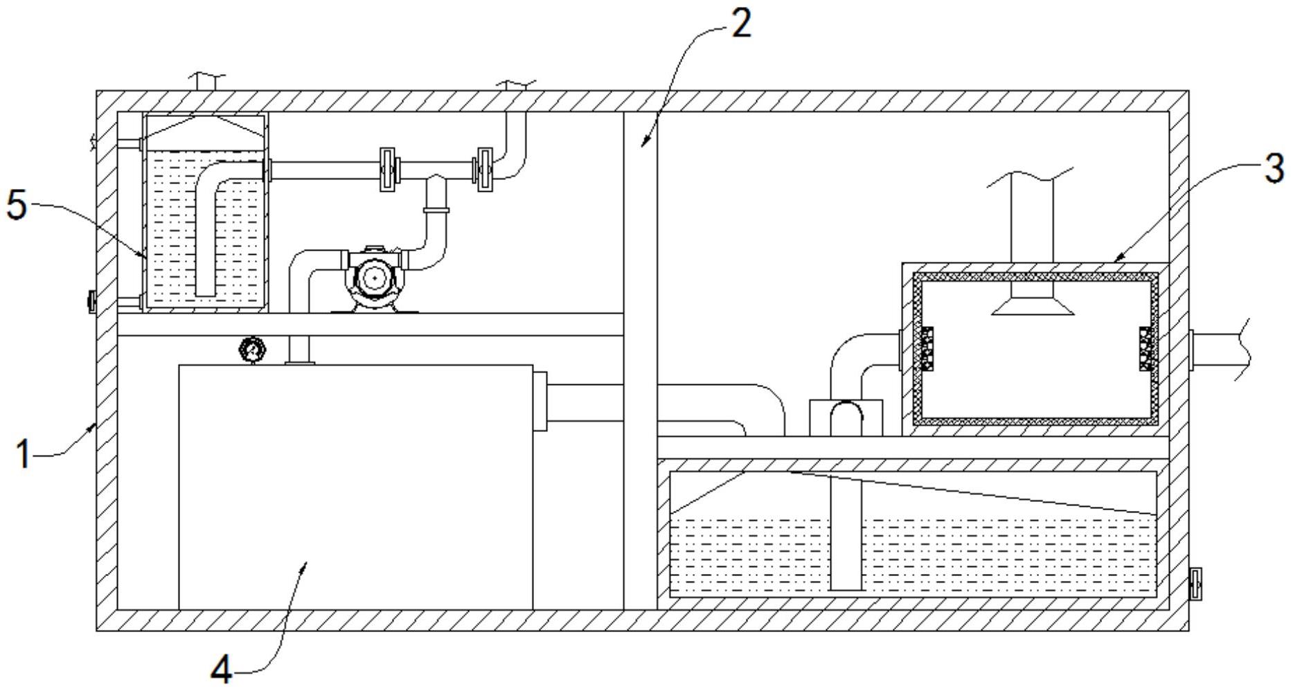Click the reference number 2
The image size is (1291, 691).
740,24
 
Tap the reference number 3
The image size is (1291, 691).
1273,168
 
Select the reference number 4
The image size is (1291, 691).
221,670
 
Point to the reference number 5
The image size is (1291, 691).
17,205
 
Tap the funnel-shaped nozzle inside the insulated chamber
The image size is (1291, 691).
1032,303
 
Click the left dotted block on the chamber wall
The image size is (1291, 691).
926,348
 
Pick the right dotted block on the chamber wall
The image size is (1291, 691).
1147,348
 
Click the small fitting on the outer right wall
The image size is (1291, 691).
1194,584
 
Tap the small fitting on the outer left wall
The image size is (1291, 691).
91,301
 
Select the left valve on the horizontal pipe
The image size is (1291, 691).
388,170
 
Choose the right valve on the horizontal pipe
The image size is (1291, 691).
484,170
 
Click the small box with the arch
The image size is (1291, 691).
846,418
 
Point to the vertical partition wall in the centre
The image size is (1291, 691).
640,360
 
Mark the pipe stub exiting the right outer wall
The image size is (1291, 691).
1219,349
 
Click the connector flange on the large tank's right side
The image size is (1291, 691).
540,401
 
